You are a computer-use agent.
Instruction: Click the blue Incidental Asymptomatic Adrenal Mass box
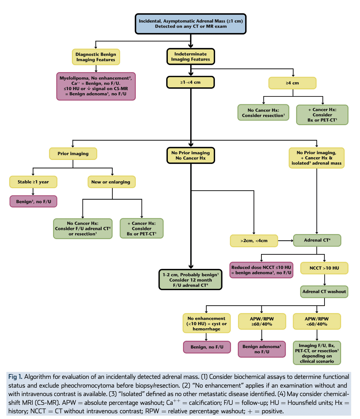pyautogui.click(x=190, y=24)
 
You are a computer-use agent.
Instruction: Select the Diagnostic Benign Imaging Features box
pyautogui.click(x=96, y=57)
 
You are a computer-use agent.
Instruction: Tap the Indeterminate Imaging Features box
pyautogui.click(x=190, y=57)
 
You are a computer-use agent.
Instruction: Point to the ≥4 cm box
pyautogui.click(x=292, y=83)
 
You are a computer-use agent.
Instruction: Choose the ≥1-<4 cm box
pyautogui.click(x=190, y=82)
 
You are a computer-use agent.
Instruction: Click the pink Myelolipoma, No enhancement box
pyautogui.click(x=96, y=86)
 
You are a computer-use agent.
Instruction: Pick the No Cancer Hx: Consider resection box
pyautogui.click(x=263, y=113)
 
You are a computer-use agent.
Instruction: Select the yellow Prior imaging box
pyautogui.click(x=73, y=153)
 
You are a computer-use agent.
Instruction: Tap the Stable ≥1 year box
pyautogui.click(x=33, y=182)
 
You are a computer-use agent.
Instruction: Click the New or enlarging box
pyautogui.click(x=111, y=182)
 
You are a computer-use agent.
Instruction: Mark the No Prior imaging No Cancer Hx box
pyautogui.click(x=190, y=156)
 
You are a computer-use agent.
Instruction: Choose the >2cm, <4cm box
pyautogui.click(x=254, y=241)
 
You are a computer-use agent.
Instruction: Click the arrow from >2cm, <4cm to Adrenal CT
pyautogui.click(x=286, y=241)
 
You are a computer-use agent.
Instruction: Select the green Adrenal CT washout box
pyautogui.click(x=324, y=292)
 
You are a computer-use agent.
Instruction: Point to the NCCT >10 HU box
pyautogui.click(x=324, y=268)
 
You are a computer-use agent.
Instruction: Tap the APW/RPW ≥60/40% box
pyautogui.click(x=262, y=322)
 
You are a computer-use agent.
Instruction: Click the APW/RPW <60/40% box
pyautogui.click(x=317, y=322)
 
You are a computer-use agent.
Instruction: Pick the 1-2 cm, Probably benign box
pyautogui.click(x=190, y=280)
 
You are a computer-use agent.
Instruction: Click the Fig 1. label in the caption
pyautogui.click(x=15, y=377)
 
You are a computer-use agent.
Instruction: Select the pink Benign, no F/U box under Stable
pyautogui.click(x=33, y=201)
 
